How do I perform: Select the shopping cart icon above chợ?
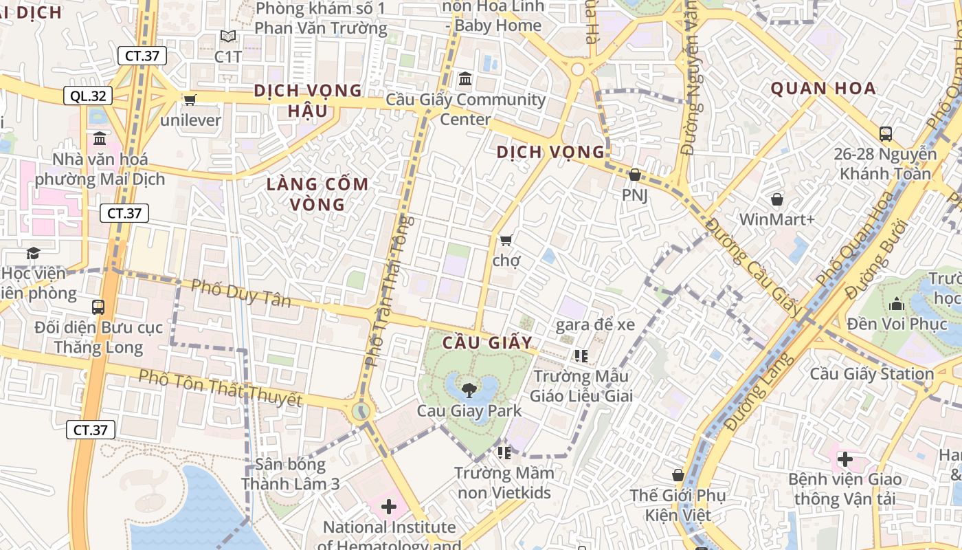[506, 240]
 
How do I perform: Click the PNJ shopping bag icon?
[635, 175]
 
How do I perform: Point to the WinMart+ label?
[776, 219]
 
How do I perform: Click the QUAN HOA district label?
[823, 88]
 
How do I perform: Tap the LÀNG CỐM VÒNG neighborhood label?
[317, 194]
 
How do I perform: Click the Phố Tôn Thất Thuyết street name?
[220, 388]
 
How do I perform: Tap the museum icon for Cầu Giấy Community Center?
[465, 79]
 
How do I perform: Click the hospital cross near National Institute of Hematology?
[389, 507]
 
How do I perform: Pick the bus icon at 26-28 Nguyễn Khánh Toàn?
[886, 133]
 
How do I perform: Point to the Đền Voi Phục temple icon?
[897, 303]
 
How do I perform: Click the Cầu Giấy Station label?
[871, 374]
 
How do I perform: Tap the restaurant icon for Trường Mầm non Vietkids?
[504, 452]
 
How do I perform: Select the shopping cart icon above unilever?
[190, 100]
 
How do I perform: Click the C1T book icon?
[228, 36]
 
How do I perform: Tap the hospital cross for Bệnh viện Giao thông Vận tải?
[844, 459]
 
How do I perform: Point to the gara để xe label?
[595, 324]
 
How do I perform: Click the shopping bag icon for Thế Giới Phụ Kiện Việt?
[678, 475]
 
